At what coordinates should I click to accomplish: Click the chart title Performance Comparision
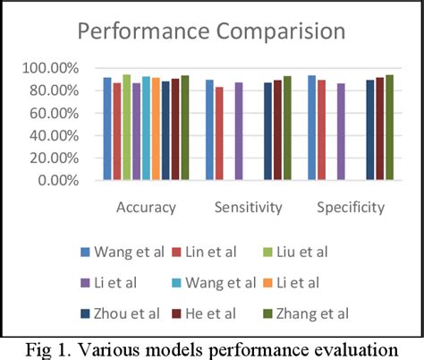[x=211, y=31]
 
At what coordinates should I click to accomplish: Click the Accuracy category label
[x=146, y=208]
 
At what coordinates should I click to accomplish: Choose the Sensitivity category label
[x=248, y=208]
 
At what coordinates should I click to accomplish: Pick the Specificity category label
[x=351, y=208]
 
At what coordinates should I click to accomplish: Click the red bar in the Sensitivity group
[x=219, y=133]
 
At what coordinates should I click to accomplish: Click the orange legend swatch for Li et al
[x=266, y=283]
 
